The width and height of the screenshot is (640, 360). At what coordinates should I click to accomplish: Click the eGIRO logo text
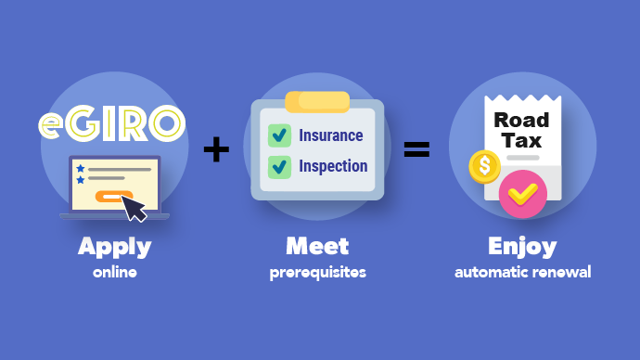click(x=111, y=122)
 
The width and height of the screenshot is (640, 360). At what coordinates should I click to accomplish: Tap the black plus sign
click(x=216, y=149)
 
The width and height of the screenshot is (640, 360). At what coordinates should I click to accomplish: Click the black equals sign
click(x=416, y=149)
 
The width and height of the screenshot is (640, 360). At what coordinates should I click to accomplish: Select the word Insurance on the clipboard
click(x=330, y=135)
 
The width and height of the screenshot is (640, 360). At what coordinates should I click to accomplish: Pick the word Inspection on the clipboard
click(x=333, y=167)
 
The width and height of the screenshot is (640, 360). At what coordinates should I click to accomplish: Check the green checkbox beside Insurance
click(x=279, y=135)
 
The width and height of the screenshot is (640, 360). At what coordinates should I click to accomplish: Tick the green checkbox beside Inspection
click(x=279, y=167)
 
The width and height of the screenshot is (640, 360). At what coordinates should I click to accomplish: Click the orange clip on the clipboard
click(x=317, y=101)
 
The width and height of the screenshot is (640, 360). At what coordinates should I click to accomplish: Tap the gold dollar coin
click(x=484, y=167)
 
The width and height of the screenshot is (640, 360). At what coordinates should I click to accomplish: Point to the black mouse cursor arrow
click(x=135, y=210)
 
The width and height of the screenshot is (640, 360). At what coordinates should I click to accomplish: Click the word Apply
click(x=114, y=247)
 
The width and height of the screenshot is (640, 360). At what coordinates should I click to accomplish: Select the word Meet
click(x=317, y=247)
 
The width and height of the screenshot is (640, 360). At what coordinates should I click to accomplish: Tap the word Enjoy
click(x=522, y=247)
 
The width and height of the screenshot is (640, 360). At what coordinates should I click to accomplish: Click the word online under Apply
click(x=114, y=273)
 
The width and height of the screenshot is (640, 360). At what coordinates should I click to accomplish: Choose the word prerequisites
click(x=317, y=273)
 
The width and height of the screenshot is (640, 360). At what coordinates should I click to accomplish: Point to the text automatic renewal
click(x=522, y=273)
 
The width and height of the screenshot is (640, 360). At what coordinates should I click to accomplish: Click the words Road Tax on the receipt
click(x=521, y=131)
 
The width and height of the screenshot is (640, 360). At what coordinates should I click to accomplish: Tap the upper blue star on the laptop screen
click(x=81, y=168)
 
